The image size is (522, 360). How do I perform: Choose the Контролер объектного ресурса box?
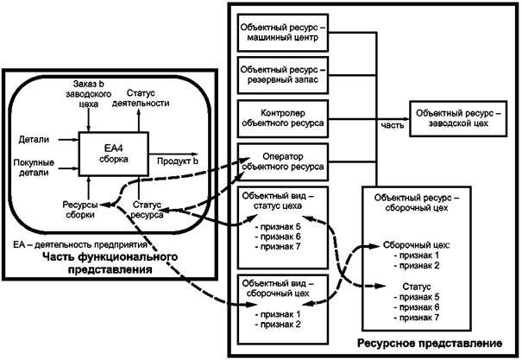pos(284,119)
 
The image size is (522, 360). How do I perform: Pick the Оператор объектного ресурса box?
pos(284,161)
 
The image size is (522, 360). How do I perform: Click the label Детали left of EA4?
pos(33,138)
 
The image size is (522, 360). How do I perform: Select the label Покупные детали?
pos(33,168)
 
